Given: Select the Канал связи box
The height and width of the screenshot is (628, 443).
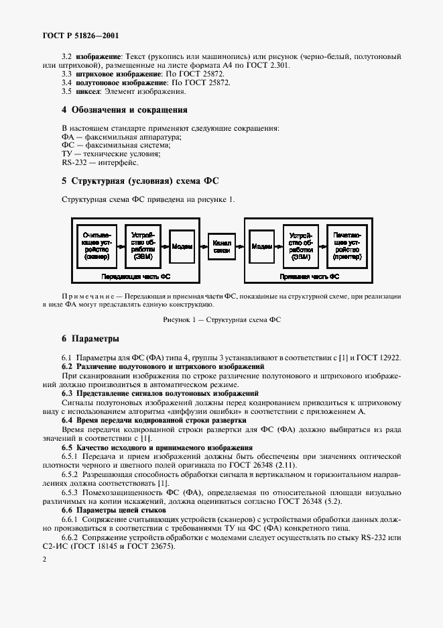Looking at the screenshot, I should (222, 246).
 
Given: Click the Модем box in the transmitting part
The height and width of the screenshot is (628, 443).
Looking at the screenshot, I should (182, 246).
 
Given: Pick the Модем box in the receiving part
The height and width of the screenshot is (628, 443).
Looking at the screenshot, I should (261, 246).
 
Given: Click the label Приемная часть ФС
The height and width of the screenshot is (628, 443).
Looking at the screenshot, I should (319, 276).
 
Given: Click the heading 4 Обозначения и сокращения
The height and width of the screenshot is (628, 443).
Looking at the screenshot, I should (124, 109).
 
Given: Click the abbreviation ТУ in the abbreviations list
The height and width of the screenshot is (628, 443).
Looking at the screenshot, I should (67, 154).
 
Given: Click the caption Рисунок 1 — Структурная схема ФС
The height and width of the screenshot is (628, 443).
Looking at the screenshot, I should (221, 319).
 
